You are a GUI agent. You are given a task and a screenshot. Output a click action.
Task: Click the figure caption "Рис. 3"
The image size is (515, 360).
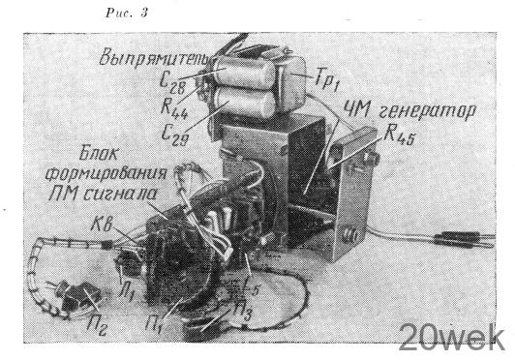tap(127, 13)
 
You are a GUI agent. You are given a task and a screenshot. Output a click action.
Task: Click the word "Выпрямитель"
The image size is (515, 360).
tap(157, 58)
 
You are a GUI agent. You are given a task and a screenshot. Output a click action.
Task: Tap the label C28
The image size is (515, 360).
tap(172, 83)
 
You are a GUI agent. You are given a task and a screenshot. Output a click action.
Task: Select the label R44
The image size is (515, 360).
tap(174, 109)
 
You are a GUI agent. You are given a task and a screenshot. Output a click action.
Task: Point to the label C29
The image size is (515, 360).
tap(175, 134)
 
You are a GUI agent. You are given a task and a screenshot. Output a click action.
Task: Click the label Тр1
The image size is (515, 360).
tap(326, 80)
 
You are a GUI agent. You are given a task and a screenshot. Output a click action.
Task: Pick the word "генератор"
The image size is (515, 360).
tap(426, 111)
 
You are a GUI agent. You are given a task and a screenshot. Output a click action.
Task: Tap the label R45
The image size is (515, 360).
tap(398, 135)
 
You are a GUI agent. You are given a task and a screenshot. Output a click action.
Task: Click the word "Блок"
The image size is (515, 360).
tap(98, 154)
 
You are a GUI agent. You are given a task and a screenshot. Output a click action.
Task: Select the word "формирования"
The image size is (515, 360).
tap(106, 174)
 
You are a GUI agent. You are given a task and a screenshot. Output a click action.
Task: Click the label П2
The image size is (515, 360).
tap(97, 325)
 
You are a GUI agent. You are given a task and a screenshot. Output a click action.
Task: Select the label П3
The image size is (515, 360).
tap(242, 312)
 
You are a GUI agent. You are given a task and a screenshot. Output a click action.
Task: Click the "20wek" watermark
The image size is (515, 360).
tap(452, 338)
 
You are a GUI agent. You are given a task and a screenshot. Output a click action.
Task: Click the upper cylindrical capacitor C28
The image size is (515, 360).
tap(245, 74)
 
